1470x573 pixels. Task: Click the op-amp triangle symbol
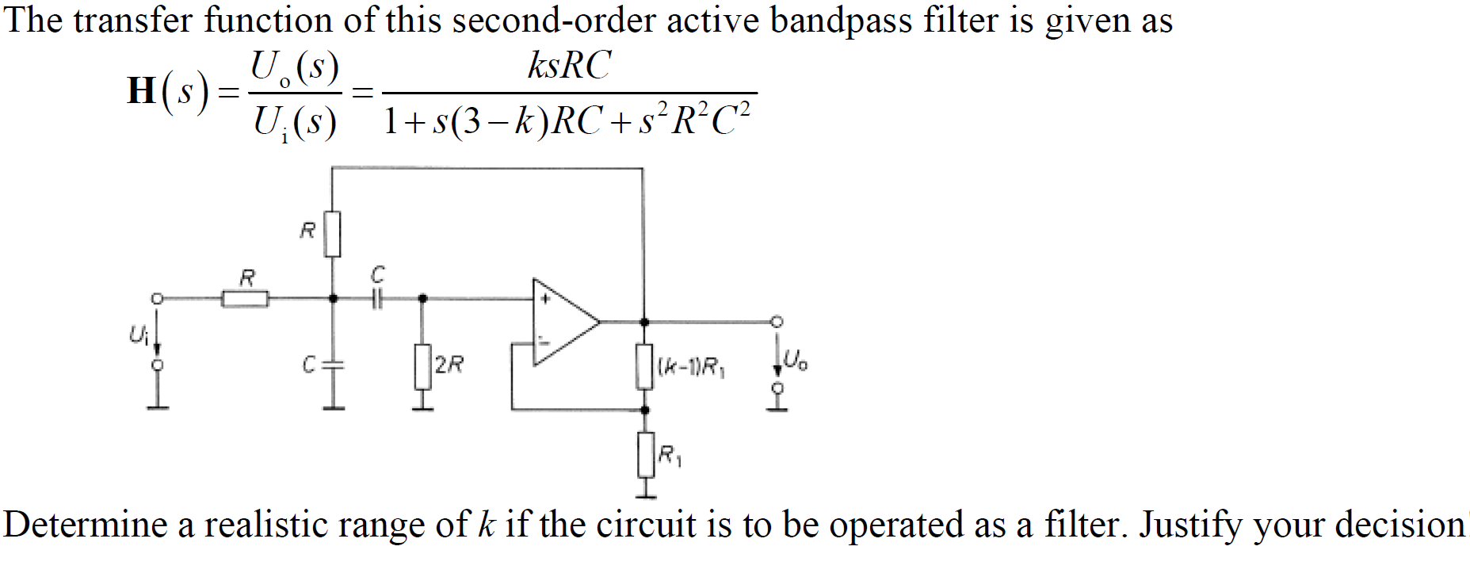(563, 323)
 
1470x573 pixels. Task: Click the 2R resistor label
(449, 365)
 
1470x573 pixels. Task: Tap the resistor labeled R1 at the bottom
(646, 455)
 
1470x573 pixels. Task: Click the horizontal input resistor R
(245, 299)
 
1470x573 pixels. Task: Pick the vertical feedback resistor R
(333, 234)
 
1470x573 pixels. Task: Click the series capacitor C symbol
(377, 299)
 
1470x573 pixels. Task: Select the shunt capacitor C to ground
(334, 365)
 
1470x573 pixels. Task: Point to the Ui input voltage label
(138, 335)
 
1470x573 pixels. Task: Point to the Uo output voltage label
(795, 361)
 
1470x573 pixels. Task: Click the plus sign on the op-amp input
(545, 300)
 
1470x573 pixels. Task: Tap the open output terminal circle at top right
(777, 321)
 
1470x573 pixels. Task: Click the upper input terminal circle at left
(157, 298)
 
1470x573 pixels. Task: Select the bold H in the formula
(142, 90)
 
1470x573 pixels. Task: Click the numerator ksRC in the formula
(569, 65)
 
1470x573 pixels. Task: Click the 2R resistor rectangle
(422, 366)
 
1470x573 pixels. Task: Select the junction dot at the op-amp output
(644, 323)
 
